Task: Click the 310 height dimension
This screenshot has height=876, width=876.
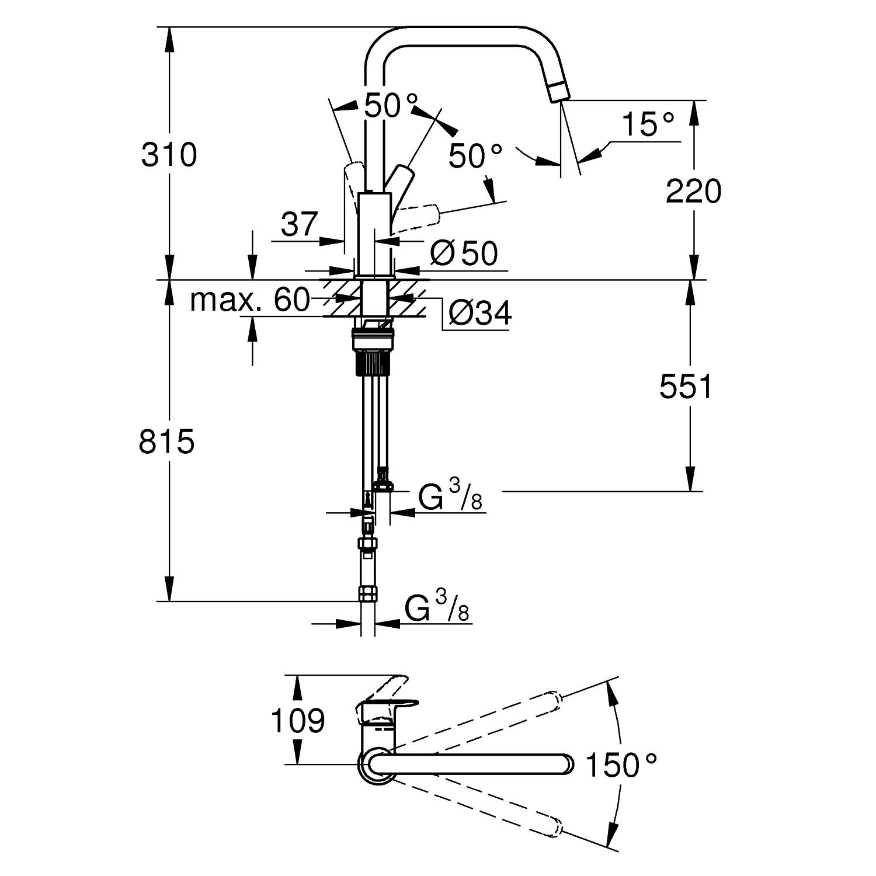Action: coord(169,155)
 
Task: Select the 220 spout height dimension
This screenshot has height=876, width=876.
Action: coord(693,192)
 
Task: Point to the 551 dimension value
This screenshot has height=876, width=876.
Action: coord(686,387)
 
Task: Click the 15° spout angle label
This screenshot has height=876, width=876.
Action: coord(648,124)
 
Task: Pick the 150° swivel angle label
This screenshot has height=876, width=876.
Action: coord(621,765)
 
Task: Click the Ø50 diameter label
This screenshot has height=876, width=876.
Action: coord(464,253)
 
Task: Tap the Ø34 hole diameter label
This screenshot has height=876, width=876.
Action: coord(480,314)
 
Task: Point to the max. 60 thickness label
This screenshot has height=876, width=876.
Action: coord(249,300)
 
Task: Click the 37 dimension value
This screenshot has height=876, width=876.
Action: coord(299,224)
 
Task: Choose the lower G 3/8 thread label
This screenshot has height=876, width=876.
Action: coord(437,607)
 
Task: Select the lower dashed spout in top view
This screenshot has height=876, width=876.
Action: coord(479,808)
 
